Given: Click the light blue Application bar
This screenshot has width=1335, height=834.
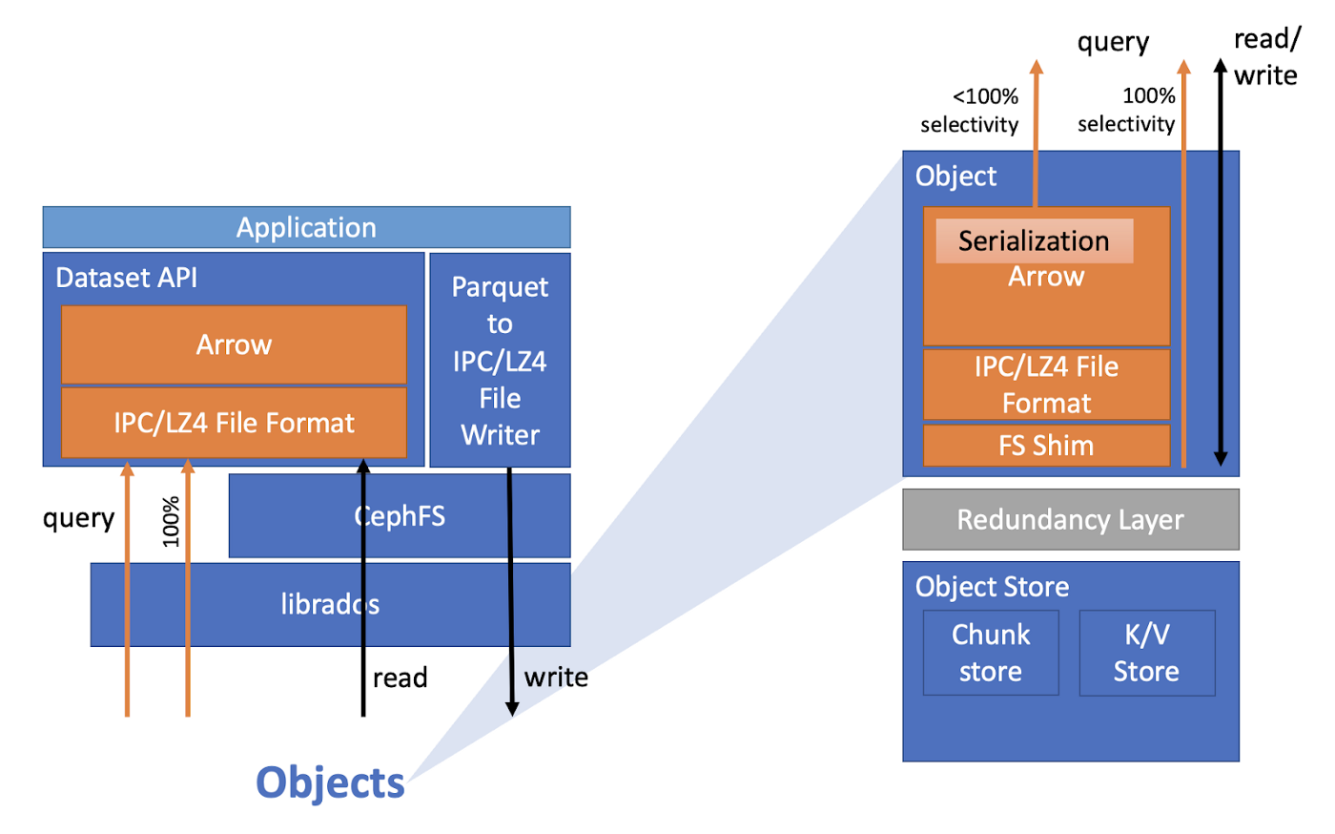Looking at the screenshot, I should coord(306,227).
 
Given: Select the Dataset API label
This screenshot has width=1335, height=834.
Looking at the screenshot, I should coord(126,278).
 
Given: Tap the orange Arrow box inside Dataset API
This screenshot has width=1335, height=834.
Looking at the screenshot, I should coord(234,344).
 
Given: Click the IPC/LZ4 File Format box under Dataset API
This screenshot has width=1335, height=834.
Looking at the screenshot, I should coord(234,423).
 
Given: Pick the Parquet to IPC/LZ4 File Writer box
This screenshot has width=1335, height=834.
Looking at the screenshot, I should coord(500,360).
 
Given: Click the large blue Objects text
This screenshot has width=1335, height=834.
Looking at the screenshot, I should coord(330,782).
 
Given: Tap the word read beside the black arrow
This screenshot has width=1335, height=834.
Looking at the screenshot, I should coord(400,678).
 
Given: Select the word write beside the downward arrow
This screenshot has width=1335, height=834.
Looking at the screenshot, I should coord(556,677).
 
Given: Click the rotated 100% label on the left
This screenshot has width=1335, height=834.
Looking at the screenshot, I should coord(171,521).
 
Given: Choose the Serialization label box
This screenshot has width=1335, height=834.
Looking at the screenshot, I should coord(1034,241).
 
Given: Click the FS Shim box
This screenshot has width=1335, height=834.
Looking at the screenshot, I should coord(1046,446).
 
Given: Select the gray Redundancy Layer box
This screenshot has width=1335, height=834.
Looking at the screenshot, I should coord(1070,519).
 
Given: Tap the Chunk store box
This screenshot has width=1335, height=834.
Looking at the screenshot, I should coord(991,653).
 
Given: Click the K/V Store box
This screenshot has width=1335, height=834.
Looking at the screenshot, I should coord(1146,653).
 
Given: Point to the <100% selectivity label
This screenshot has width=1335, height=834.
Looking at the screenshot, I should coord(969,110).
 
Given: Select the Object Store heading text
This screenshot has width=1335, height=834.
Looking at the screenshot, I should coord(992,587).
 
